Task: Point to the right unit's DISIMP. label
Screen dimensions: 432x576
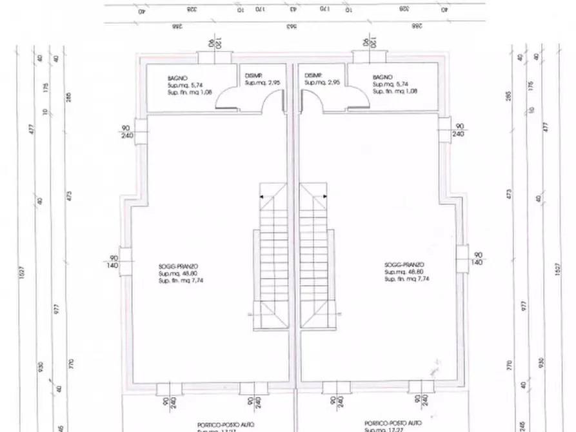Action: (313, 75)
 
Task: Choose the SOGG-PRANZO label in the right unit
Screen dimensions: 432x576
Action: (404, 266)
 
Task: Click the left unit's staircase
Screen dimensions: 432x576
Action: (273, 258)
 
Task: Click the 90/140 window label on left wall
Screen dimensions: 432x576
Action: (114, 260)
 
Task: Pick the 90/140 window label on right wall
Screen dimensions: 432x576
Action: (477, 259)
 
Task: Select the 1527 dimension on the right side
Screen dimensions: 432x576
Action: (556, 270)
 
